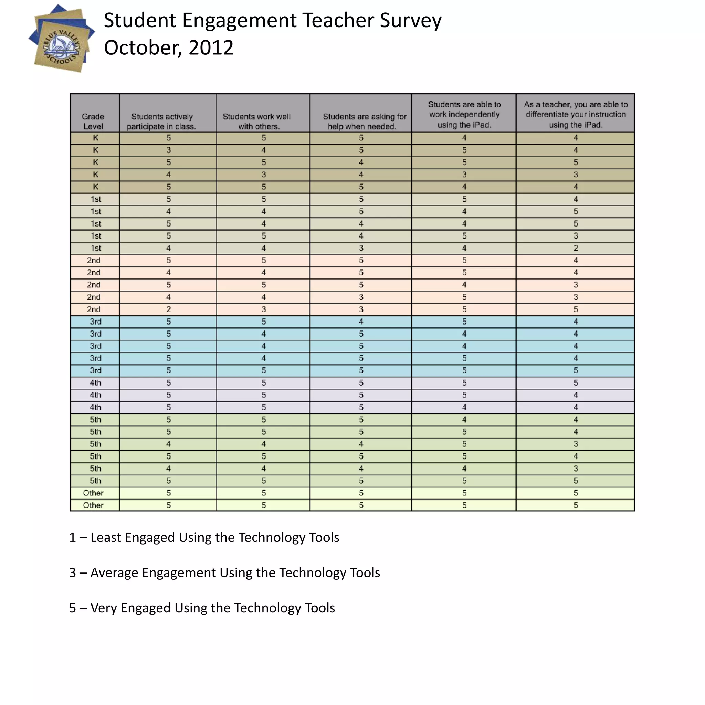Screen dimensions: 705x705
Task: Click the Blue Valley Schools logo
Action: [61, 39]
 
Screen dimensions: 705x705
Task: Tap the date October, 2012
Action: [169, 48]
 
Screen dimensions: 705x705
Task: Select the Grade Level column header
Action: [93, 121]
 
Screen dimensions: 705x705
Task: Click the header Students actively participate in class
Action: [162, 121]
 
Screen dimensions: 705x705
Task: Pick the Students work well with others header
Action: [257, 121]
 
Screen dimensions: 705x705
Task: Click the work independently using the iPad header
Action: [464, 115]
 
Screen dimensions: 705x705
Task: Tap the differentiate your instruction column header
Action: [576, 115]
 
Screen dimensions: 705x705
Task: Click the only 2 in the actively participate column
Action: [169, 309]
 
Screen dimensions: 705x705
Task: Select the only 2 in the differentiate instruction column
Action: [576, 248]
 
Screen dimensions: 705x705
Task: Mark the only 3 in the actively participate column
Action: [169, 150]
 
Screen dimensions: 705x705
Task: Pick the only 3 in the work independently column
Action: [464, 175]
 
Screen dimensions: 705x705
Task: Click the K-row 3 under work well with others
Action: [263, 175]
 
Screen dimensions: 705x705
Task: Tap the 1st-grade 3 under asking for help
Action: [361, 248]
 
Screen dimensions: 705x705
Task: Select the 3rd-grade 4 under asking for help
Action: [361, 322]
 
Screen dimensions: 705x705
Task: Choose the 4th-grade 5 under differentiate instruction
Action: [576, 383]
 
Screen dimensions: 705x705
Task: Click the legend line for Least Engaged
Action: [204, 537]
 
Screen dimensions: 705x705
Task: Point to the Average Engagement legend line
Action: [224, 573]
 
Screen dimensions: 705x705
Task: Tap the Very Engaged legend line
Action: [202, 608]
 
